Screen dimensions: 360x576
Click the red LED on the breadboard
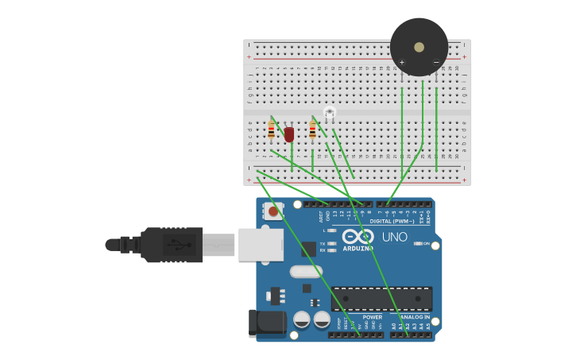289,134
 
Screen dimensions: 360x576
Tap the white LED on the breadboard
330,113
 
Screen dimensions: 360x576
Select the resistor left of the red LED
271,130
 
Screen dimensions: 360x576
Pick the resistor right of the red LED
312,130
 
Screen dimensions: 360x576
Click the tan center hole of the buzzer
419,47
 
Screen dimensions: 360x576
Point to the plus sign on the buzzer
402,62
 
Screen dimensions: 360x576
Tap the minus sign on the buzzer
435,62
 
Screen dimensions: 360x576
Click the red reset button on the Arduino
273,211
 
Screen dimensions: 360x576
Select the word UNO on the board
394,237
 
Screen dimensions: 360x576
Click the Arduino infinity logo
358,236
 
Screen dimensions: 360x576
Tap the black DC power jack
267,323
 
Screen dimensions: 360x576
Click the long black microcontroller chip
381,299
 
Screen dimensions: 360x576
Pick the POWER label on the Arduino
372,317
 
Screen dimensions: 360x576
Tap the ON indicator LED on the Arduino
417,243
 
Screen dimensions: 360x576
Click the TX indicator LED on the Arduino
331,243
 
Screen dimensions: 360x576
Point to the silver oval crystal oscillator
306,272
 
